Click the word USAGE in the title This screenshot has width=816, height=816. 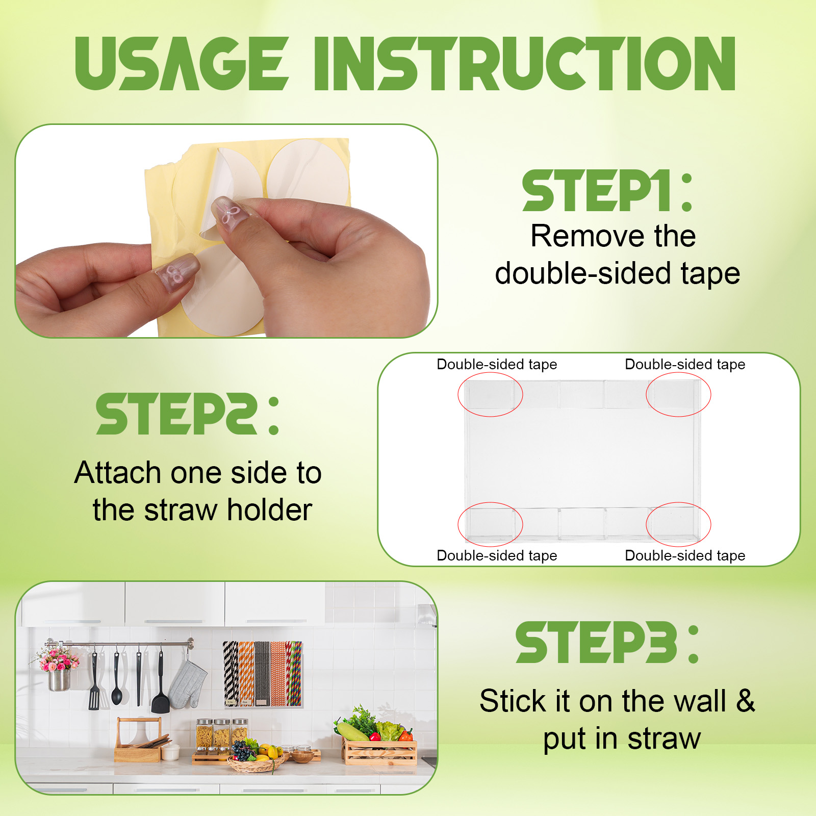click(182, 64)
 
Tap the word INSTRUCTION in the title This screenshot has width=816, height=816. click(525, 64)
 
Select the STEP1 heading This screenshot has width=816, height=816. click(607, 191)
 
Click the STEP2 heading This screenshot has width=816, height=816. click(188, 414)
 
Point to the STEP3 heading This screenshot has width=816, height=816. click(607, 642)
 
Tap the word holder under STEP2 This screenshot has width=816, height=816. click(270, 509)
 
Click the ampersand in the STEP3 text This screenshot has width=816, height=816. click(745, 701)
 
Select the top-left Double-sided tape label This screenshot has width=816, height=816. click(497, 364)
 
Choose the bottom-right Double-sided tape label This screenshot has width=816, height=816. click(685, 555)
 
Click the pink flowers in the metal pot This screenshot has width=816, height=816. click(59, 660)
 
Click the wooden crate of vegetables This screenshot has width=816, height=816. click(380, 752)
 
